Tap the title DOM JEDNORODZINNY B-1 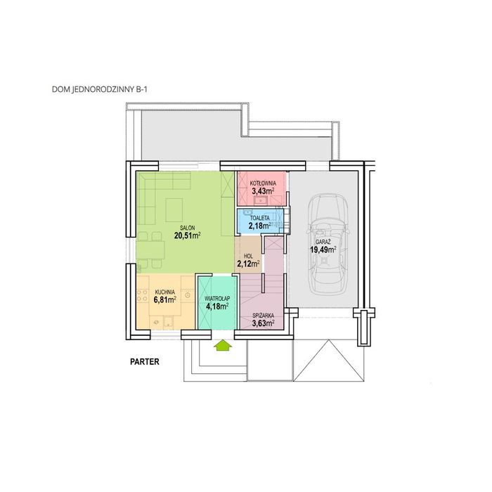point(100,90)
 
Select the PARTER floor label point(145,362)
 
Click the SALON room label point(188,228)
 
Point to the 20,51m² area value point(188,235)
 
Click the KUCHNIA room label point(164,292)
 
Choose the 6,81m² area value point(164,299)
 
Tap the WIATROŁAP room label point(217,298)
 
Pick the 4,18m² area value point(217,306)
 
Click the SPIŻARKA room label point(264,316)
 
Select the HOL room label point(248,257)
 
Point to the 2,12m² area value point(248,264)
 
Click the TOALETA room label point(260,218)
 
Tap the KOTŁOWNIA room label point(263,183)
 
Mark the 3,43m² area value point(263,190)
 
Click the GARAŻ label point(323,242)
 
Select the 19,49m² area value point(323,250)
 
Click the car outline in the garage point(328,243)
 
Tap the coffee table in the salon point(174,210)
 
